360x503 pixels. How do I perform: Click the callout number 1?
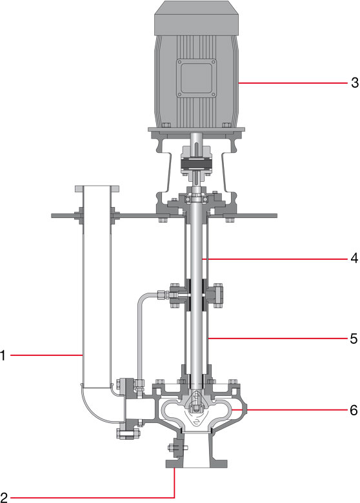coord(3,355)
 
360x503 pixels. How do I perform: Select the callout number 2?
coord(4,497)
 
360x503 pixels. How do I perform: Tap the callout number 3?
coord(355,83)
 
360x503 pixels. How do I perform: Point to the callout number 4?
coord(354,258)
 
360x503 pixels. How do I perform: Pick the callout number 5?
coord(354,339)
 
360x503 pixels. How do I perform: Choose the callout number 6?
coord(354,410)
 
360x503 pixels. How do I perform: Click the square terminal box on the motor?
coord(196,78)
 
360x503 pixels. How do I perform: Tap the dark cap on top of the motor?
coord(196,17)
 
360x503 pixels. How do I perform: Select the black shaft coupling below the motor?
coord(196,164)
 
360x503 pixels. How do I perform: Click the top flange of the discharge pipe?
coord(97,188)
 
